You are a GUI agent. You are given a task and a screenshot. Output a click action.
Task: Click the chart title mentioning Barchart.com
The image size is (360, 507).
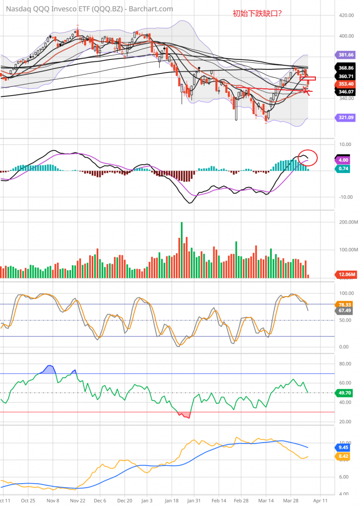pyautogui.click(x=87, y=9)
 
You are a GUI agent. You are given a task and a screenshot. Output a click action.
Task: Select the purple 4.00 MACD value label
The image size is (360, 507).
pyautogui.click(x=345, y=160)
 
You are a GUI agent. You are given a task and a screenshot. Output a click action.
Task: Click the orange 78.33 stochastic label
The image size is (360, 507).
pyautogui.click(x=345, y=304)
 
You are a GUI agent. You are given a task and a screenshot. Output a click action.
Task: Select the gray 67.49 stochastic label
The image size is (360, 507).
pyautogui.click(x=345, y=310)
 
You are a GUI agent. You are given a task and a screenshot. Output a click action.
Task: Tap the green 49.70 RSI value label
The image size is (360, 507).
pyautogui.click(x=345, y=392)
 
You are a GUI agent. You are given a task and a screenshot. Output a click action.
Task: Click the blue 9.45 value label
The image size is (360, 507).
pyautogui.click(x=345, y=448)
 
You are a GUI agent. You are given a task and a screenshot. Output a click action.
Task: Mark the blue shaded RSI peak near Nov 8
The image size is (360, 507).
pyautogui.click(x=49, y=369)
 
